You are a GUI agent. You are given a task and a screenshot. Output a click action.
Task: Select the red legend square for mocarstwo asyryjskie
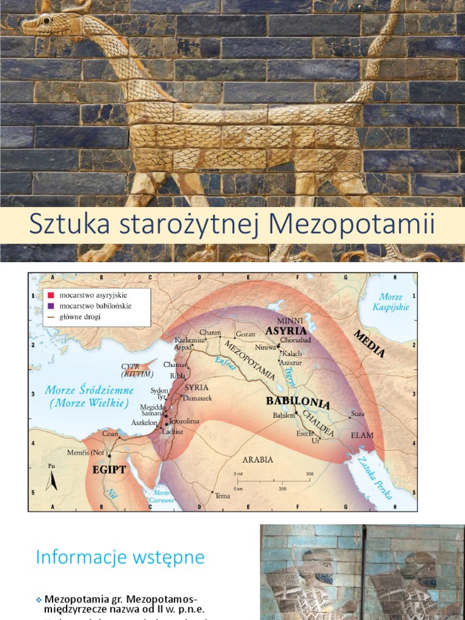(x=51, y=295)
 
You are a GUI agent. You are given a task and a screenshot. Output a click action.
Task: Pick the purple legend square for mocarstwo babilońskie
(x=51, y=306)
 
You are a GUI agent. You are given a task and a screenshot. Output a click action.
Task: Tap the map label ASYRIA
(x=286, y=331)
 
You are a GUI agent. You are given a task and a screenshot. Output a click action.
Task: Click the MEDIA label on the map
(x=369, y=344)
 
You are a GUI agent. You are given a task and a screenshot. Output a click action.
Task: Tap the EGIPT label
(x=109, y=469)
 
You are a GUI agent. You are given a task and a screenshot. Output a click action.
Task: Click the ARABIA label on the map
(x=257, y=460)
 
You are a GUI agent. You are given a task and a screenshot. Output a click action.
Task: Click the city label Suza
(x=358, y=415)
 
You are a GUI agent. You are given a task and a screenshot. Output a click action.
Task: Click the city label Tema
(x=222, y=496)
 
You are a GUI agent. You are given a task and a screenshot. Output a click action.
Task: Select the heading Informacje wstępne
(x=120, y=557)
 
